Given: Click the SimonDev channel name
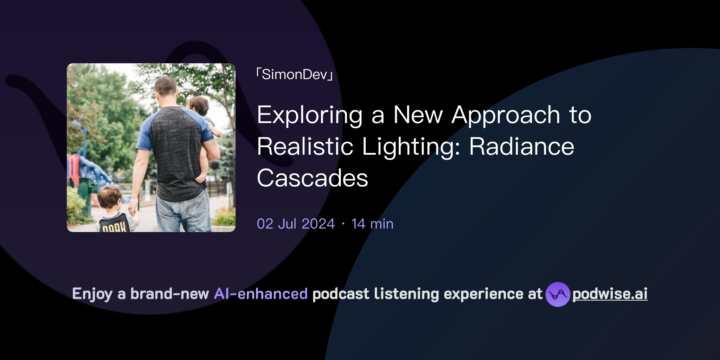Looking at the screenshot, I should tap(295, 75).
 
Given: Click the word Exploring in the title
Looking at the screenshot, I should tap(309, 115).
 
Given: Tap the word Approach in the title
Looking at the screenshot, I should tap(506, 115).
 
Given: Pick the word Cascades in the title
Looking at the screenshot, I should tap(312, 178).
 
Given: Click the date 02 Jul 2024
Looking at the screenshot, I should tap(296, 224).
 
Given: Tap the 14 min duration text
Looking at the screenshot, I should tap(372, 224).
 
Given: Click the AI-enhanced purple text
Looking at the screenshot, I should tap(261, 294).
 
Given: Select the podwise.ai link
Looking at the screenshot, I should tap(610, 294).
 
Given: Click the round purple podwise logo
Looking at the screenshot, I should tap(558, 294).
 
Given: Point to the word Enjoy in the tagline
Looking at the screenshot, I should tap(92, 294).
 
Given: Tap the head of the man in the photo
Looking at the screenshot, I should tap(166, 88).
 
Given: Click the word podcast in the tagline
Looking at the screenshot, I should tap(341, 294).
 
